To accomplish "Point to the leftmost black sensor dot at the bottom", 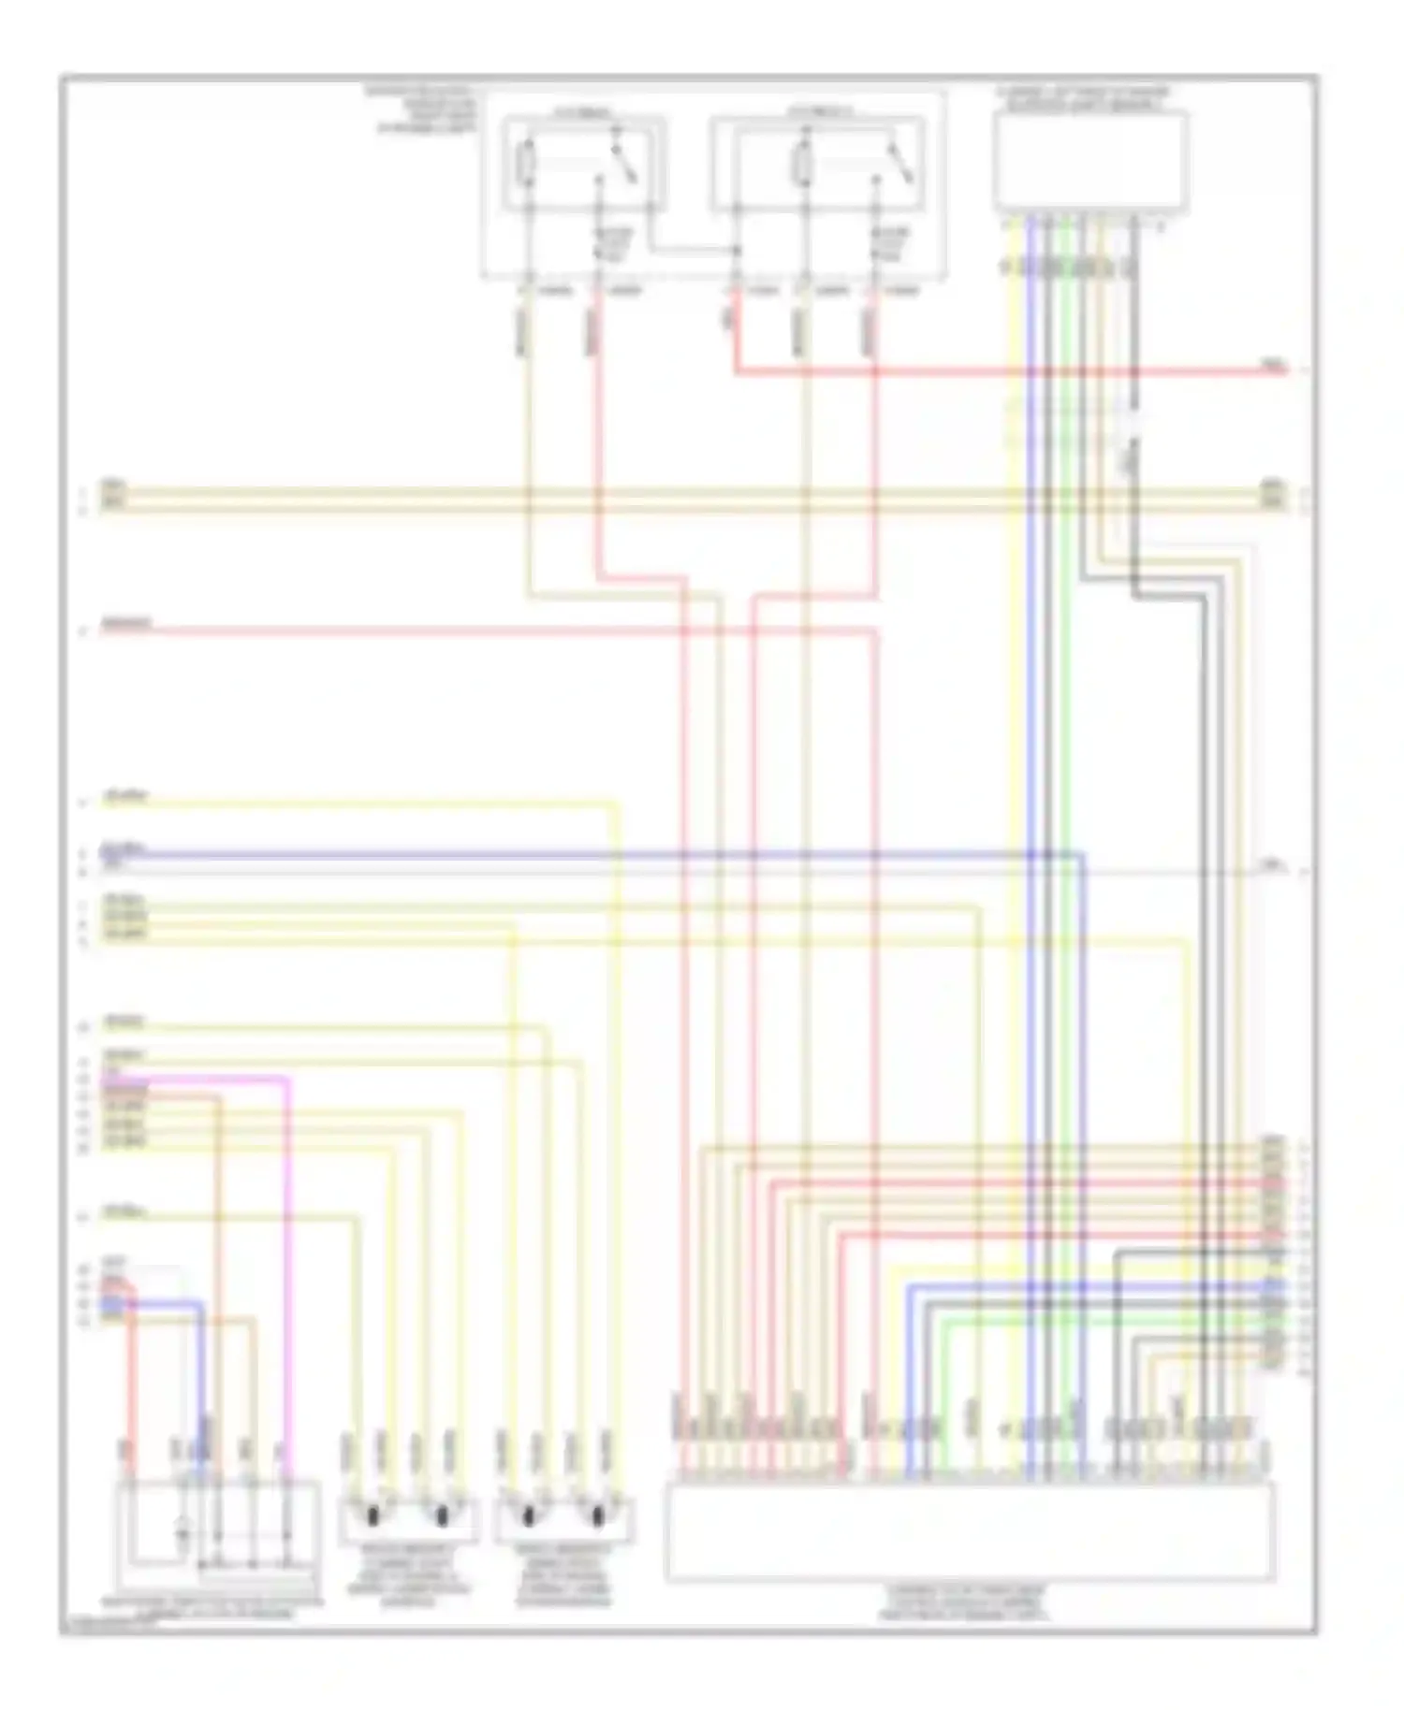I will (x=373, y=1514).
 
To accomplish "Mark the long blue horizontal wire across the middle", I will (x=562, y=854).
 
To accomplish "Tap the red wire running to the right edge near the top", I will (x=1030, y=372).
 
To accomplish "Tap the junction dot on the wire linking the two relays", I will (x=737, y=250).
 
